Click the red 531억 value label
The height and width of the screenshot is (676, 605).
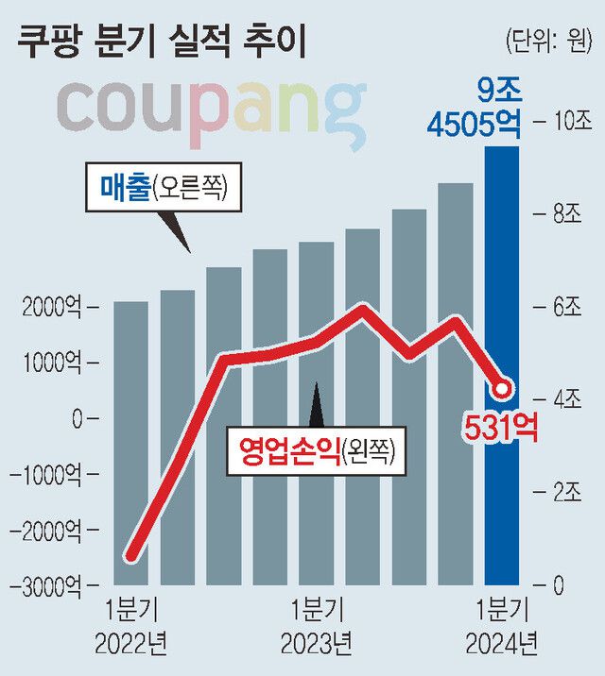pyautogui.click(x=499, y=428)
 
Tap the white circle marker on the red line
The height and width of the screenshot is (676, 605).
pyautogui.click(x=503, y=387)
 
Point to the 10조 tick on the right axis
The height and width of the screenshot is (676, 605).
pyautogui.click(x=564, y=120)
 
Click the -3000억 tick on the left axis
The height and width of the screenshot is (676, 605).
pyautogui.click(x=44, y=584)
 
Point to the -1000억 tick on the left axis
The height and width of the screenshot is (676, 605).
pyautogui.click(x=44, y=473)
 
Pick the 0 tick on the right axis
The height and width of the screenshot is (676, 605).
pyautogui.click(x=557, y=584)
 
